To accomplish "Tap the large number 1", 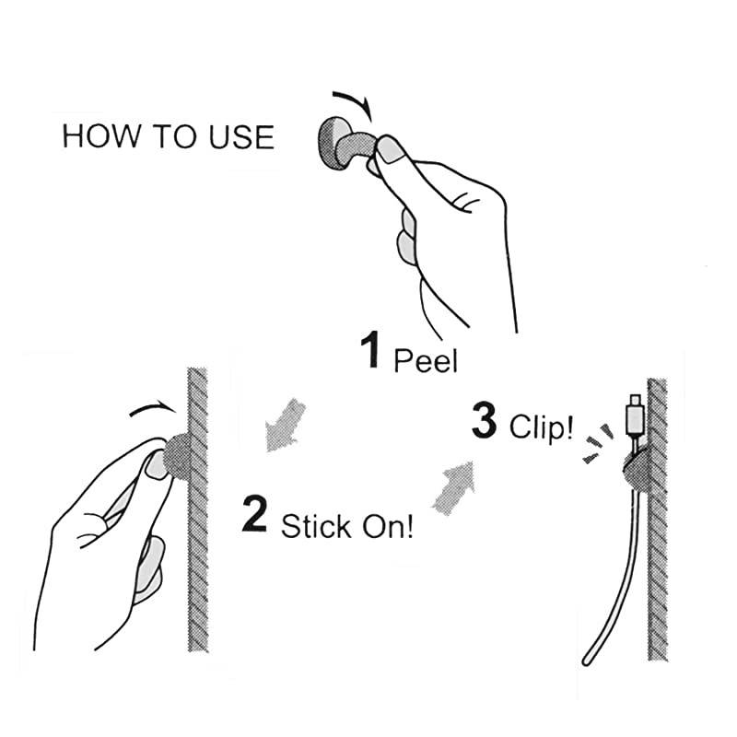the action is (371, 350).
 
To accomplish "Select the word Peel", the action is (426, 360).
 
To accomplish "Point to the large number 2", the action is (255, 514).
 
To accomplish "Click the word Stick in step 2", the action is (316, 526).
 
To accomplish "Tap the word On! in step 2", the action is (388, 526).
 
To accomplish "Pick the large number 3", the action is (485, 420).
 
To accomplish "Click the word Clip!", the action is (542, 427).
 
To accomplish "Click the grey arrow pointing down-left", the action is (284, 426).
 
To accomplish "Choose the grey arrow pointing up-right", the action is (454, 488).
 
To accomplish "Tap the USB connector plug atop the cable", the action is (634, 415).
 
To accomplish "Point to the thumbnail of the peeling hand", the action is (390, 149).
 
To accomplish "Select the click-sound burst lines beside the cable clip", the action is (597, 444).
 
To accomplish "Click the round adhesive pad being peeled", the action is (334, 143).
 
